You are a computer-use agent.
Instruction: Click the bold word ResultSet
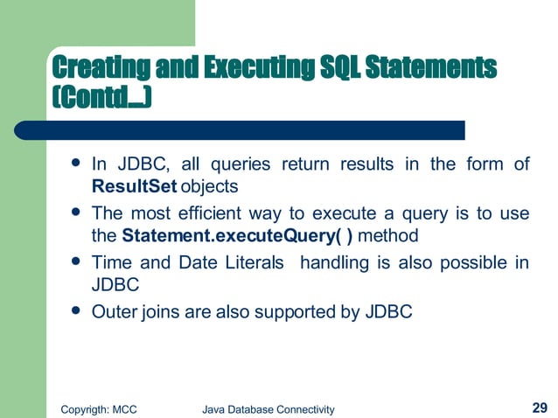(135, 186)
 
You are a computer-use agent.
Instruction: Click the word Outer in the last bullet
(112, 312)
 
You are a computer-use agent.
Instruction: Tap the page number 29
(540, 407)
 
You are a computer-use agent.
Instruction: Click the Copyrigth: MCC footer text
(96, 408)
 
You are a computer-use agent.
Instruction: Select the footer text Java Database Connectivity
(268, 408)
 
